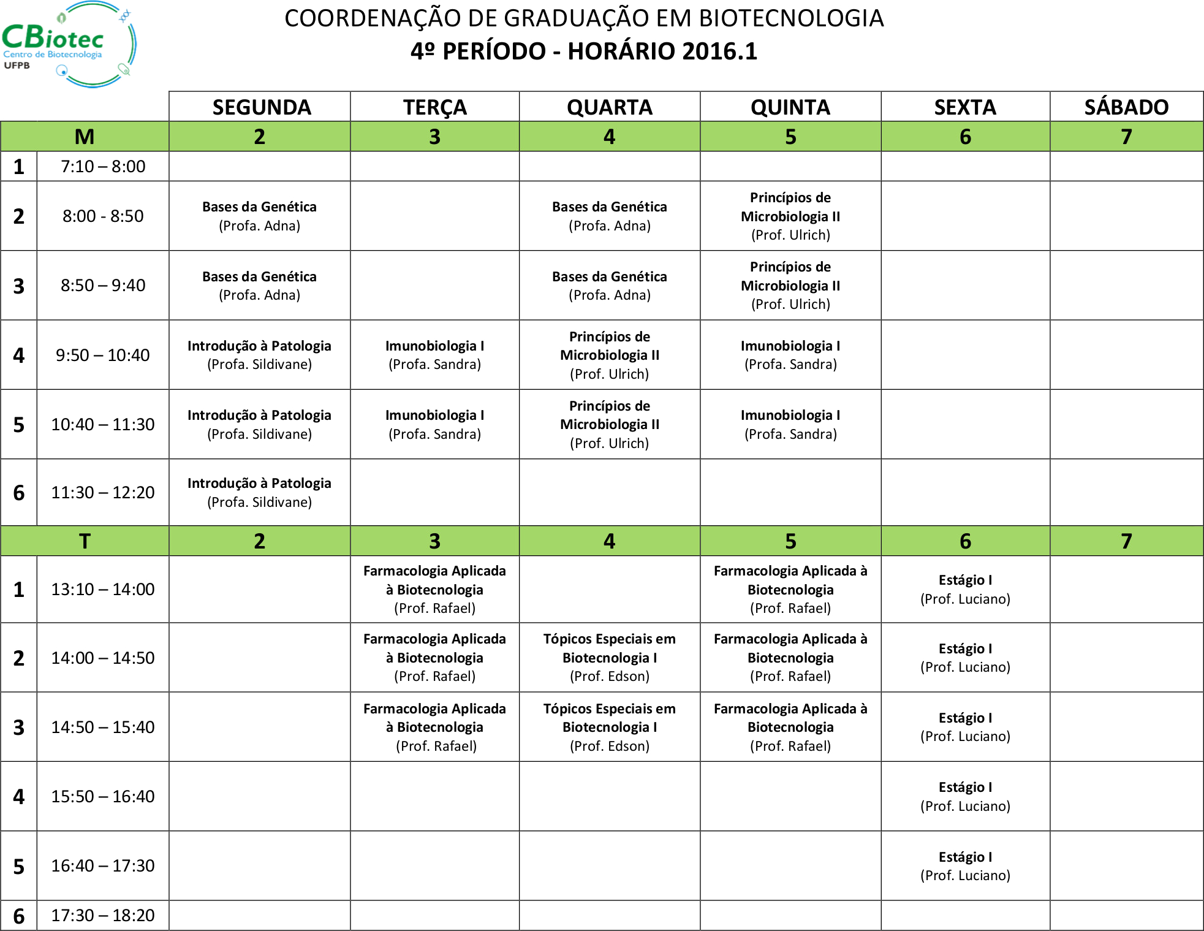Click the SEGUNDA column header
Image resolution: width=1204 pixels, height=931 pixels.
pos(261,107)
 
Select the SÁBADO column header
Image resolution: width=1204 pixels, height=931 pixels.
pos(1126,107)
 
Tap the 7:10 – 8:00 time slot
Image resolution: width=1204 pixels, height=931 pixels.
pos(103,167)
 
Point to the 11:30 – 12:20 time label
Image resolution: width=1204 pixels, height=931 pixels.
pos(103,493)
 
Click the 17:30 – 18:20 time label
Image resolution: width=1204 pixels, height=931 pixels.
pos(103,915)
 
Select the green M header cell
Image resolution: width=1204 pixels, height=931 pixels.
pos(85,137)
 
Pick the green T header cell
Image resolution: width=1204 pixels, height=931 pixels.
pos(85,541)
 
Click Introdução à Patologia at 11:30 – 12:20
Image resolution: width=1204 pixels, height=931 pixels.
pos(259,493)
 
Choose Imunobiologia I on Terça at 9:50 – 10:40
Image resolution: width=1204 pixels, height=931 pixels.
pos(434,355)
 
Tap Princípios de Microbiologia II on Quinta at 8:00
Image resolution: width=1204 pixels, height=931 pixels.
pos(790,216)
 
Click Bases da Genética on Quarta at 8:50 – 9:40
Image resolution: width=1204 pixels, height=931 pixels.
pos(609,286)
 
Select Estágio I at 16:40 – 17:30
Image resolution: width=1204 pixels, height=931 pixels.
pos(965,865)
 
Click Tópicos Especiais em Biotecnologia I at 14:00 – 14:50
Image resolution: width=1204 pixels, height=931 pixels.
pos(609,658)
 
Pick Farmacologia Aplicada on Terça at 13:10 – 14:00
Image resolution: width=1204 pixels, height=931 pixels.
pos(434,589)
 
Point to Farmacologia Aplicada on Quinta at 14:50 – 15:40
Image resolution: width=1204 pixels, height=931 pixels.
pos(790,727)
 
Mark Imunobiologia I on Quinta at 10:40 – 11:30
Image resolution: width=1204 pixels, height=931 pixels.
pos(790,424)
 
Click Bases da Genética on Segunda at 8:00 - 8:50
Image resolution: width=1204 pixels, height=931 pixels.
pos(259,216)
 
